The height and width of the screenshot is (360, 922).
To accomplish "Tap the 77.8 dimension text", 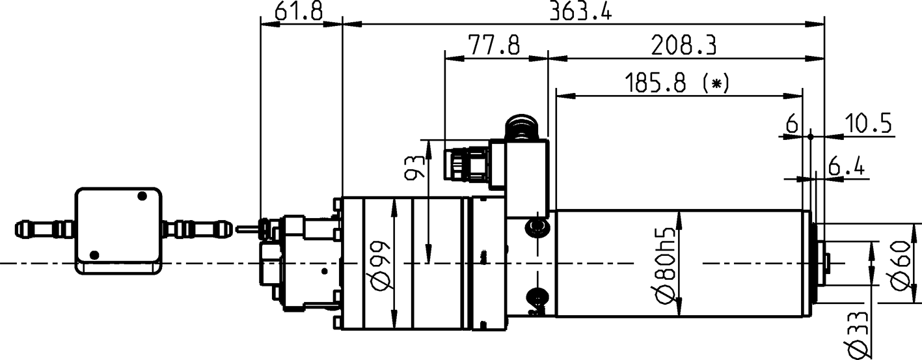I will click(x=493, y=46).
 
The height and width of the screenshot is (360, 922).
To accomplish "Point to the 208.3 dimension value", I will click(x=683, y=46).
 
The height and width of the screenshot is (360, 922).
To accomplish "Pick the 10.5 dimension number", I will click(x=868, y=124).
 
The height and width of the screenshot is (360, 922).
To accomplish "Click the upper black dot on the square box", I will click(x=142, y=196).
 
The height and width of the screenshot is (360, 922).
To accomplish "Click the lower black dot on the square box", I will click(x=95, y=255).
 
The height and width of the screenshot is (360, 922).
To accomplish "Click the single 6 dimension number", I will click(x=792, y=124).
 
